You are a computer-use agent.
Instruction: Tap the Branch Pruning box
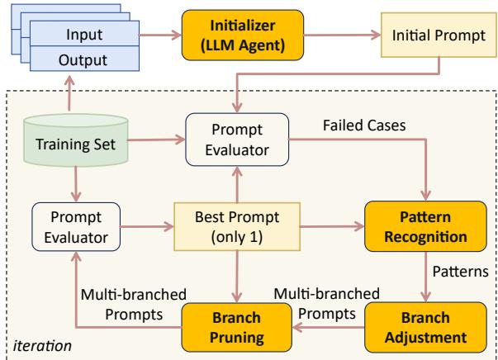pyautogui.click(x=239, y=326)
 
